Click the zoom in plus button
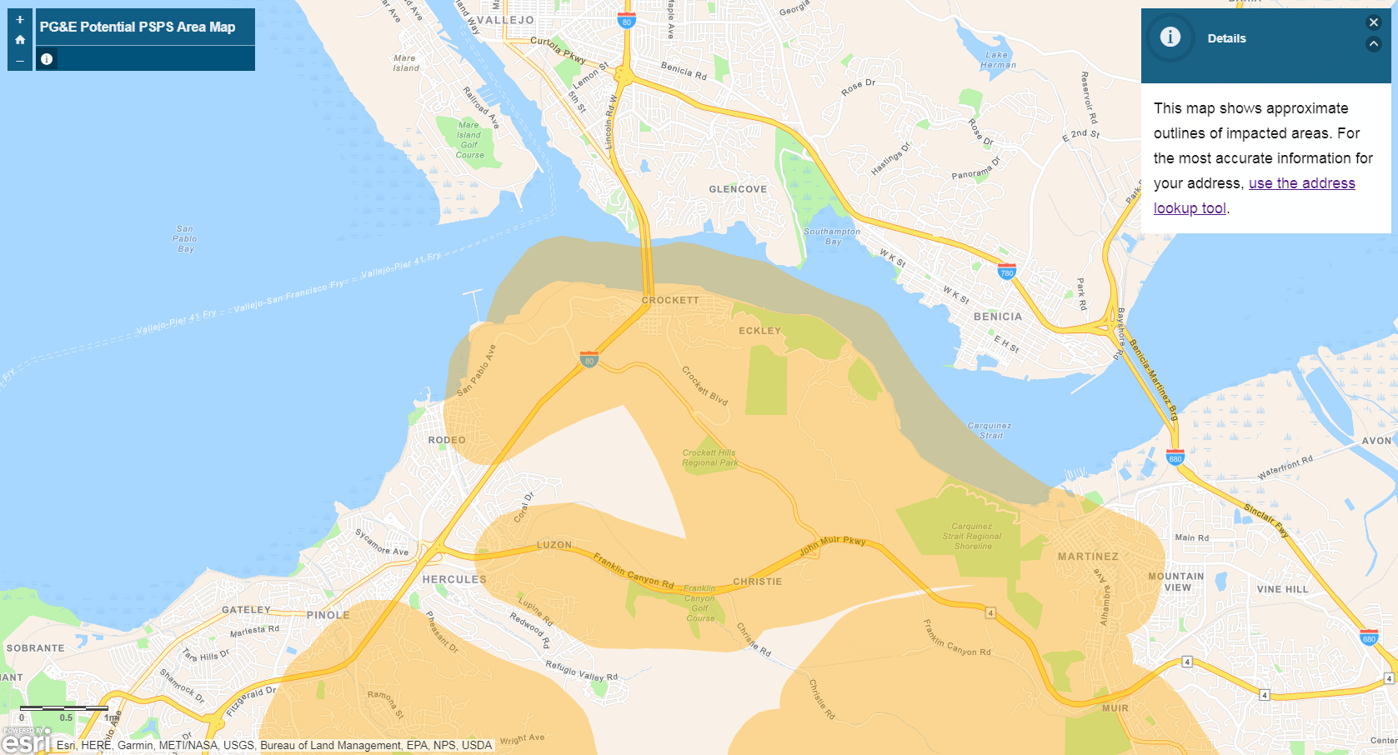tap(20, 19)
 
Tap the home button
tap(20, 40)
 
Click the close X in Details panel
tap(1374, 22)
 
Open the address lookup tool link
tap(1301, 184)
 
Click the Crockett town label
tap(670, 300)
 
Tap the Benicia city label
tap(997, 317)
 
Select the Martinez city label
tap(1088, 557)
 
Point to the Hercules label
tap(454, 579)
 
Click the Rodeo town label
tap(447, 440)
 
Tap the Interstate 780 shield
tap(1007, 272)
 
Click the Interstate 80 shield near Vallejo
tap(627, 22)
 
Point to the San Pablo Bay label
tap(185, 238)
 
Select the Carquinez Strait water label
tap(990, 430)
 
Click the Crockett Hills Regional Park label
tap(709, 457)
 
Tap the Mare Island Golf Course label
tap(469, 140)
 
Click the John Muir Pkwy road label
tap(833, 546)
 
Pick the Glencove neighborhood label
tap(738, 189)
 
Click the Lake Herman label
tap(998, 60)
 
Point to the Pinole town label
tap(328, 615)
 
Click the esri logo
tap(26, 740)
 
